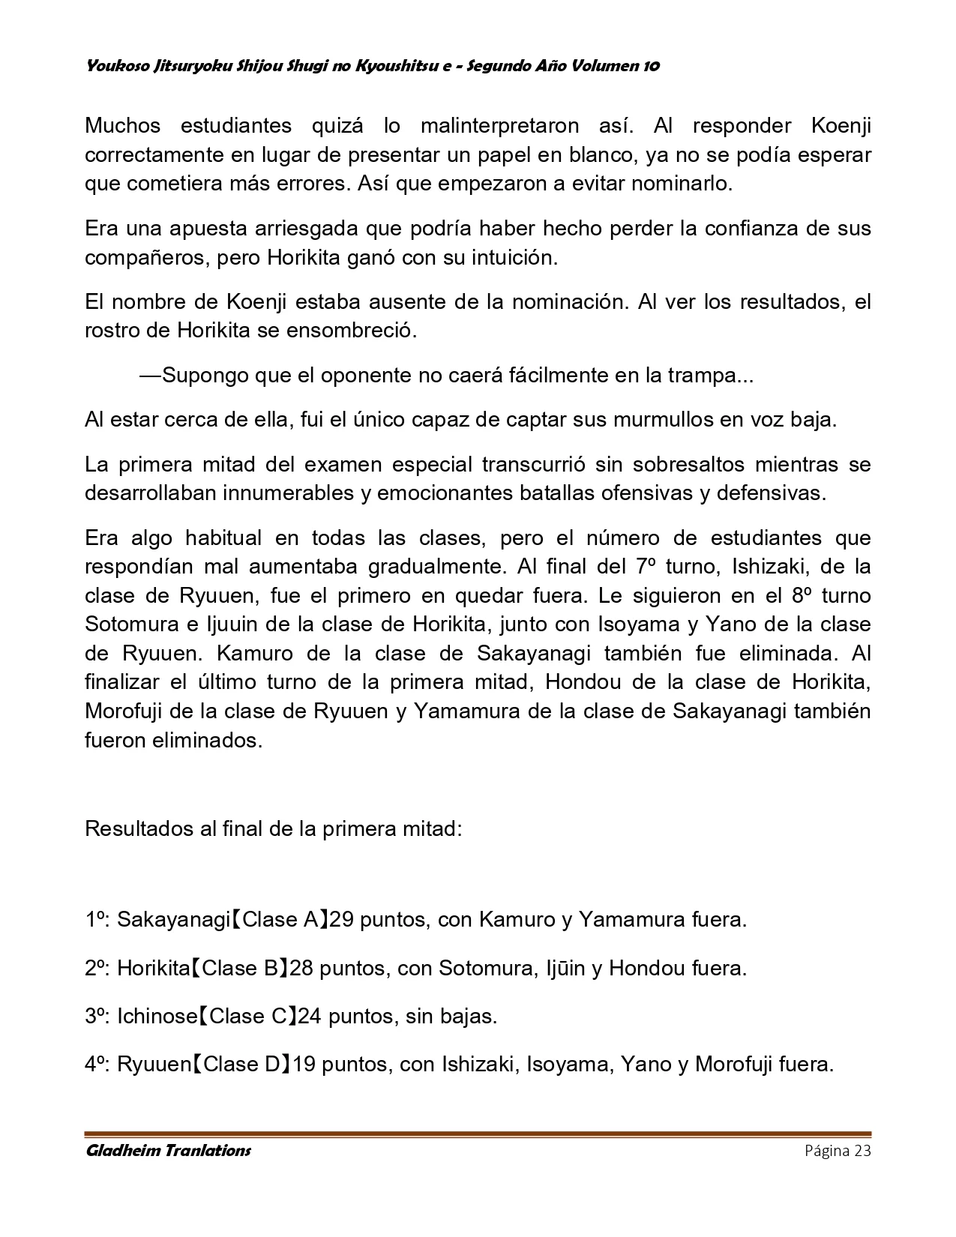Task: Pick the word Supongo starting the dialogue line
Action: [x=196, y=375]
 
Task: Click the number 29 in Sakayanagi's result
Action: [x=341, y=919]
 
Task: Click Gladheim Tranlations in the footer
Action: [x=168, y=1151]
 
